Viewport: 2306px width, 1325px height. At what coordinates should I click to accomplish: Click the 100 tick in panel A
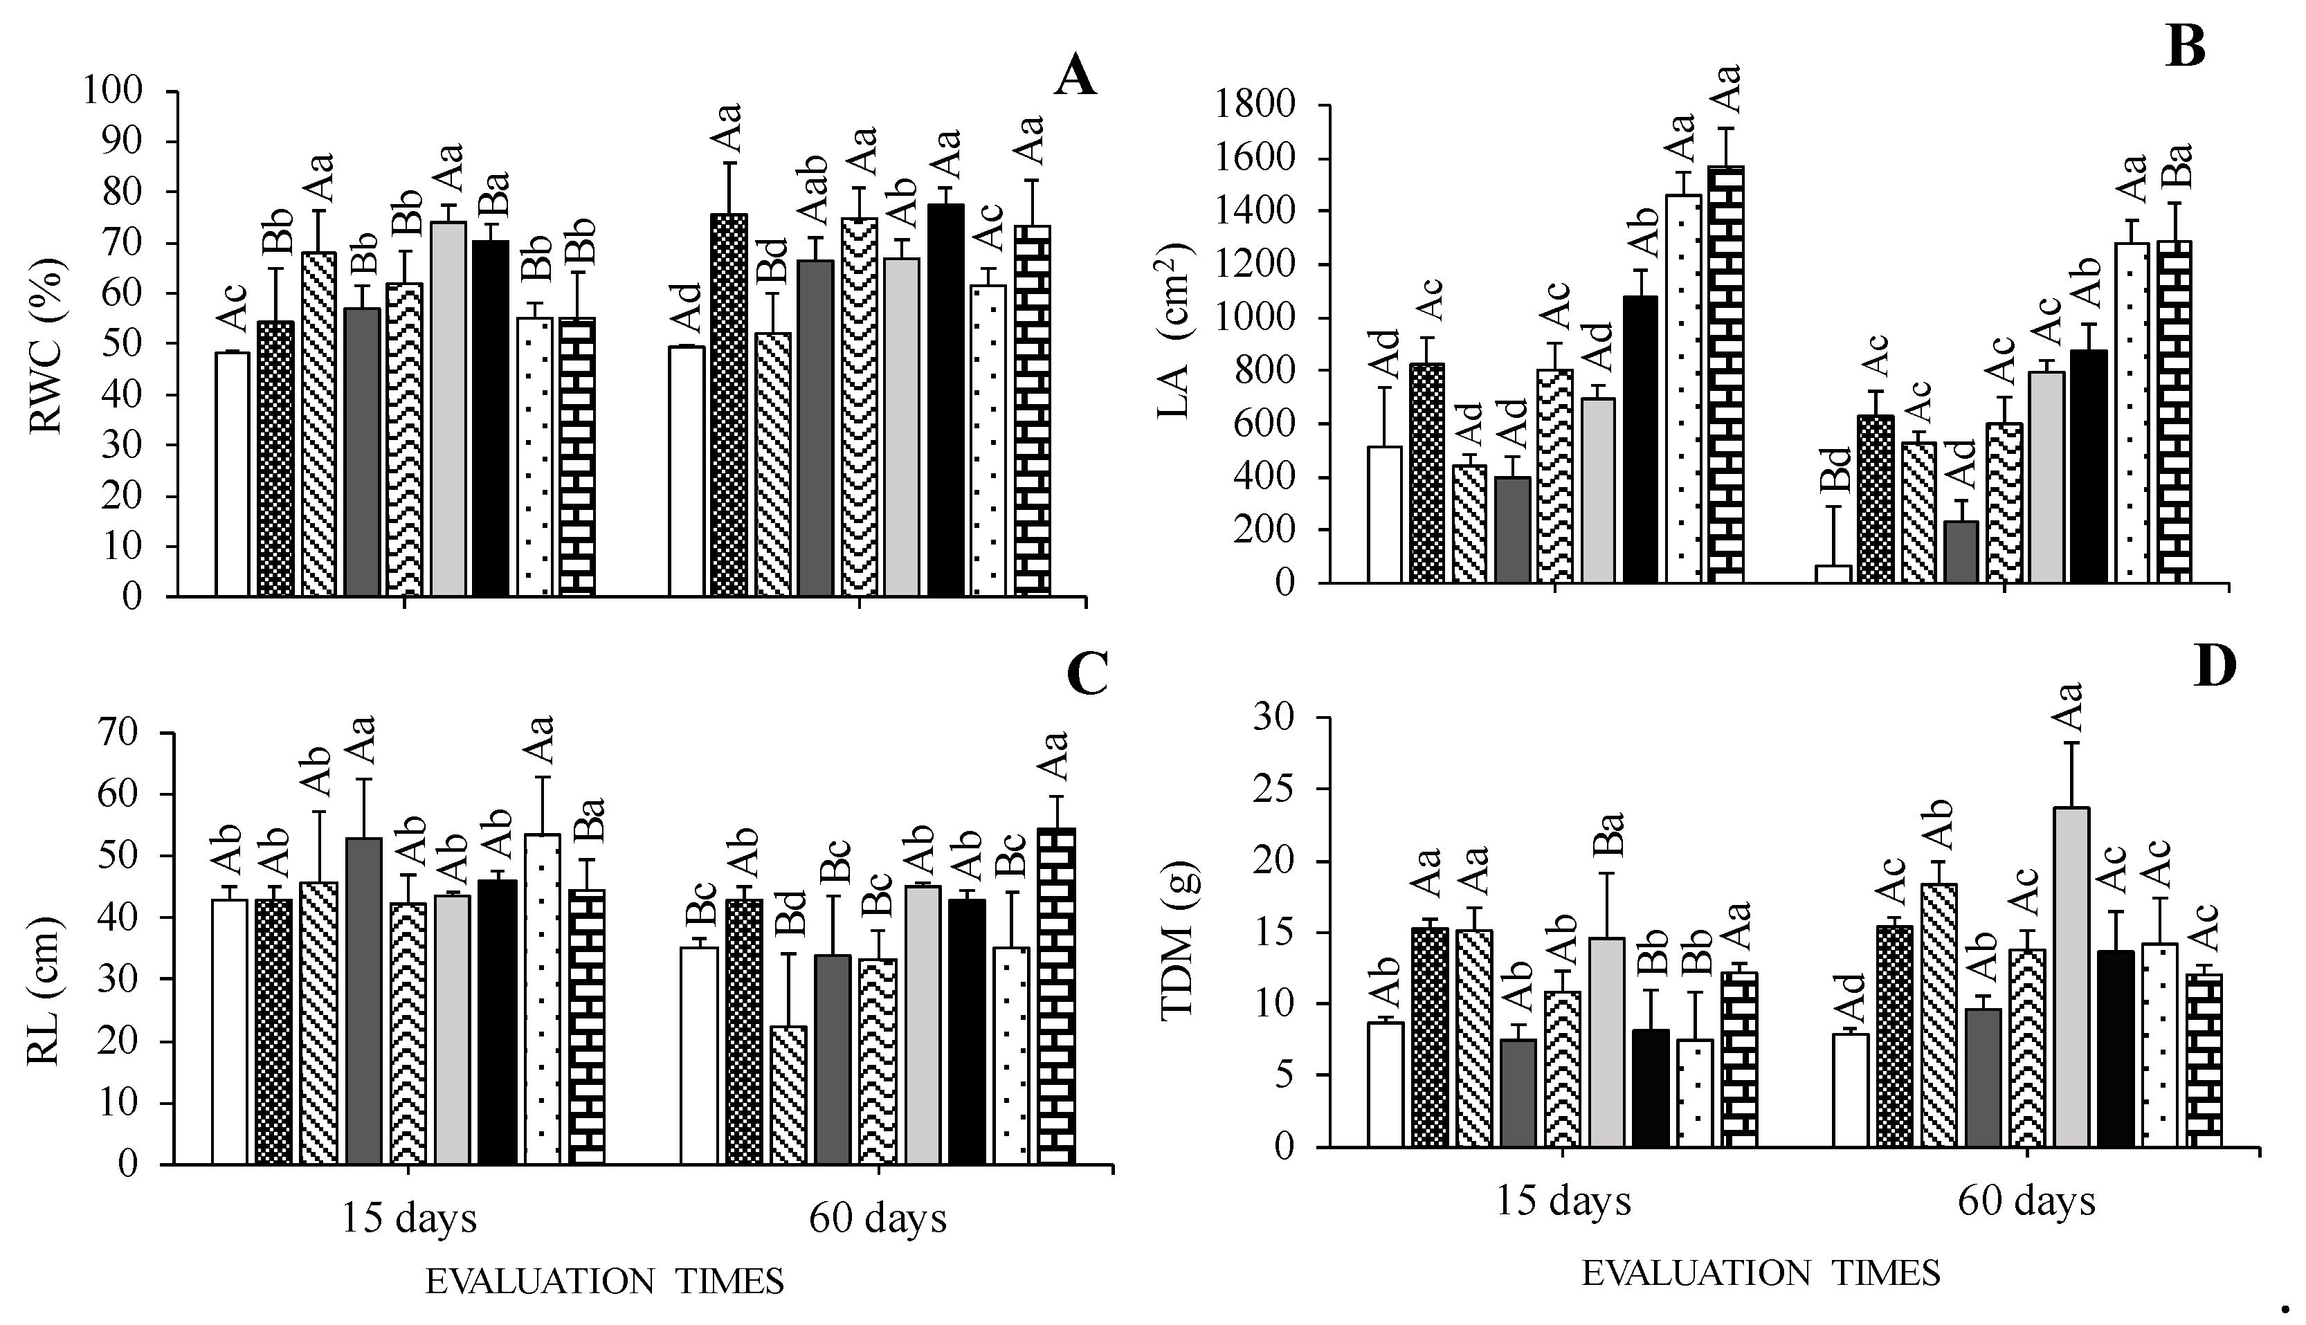pos(113,91)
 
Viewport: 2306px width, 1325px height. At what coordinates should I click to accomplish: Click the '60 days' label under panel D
pos(2026,1201)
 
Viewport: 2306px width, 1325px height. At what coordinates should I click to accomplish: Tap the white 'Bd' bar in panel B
pos(1833,574)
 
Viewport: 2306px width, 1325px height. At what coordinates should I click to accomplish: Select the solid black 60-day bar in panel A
pos(945,401)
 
